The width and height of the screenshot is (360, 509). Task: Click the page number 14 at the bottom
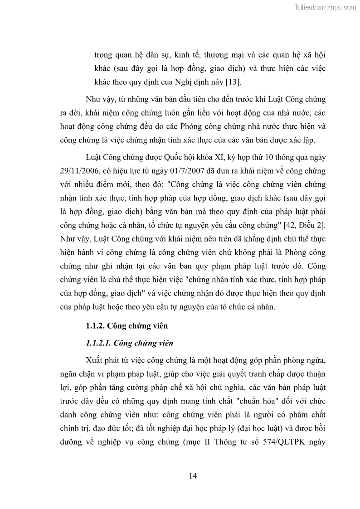(x=193, y=475)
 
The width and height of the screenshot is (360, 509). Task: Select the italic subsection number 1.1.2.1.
(x=101, y=343)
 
